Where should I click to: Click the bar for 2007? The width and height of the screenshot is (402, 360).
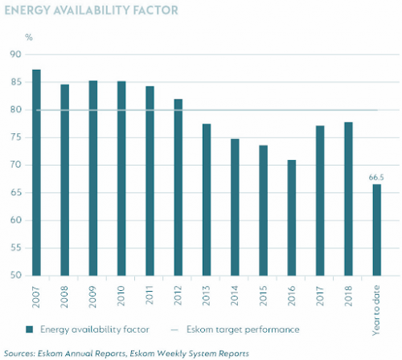pos(37,173)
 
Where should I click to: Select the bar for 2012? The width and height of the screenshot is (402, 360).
pos(178,187)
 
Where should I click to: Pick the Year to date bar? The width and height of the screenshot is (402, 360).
pos(376,230)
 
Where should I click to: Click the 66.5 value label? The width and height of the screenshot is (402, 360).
pos(376,175)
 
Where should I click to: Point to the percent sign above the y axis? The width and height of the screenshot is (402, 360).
pos(29,38)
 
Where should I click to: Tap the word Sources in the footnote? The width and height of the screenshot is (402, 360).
pos(23,353)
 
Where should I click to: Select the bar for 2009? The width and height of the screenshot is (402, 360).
pos(93,178)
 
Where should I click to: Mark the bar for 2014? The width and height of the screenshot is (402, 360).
pos(235,207)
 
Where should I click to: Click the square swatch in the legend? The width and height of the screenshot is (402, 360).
pos(30,329)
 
